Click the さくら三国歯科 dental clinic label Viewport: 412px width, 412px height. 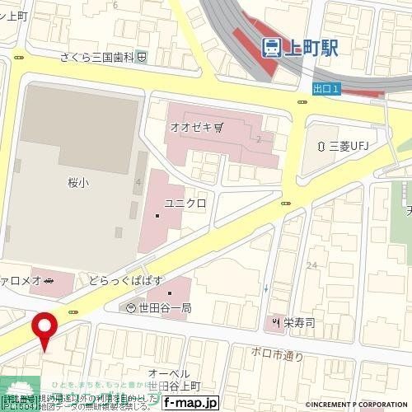(99, 57)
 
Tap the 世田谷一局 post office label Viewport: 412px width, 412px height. (164, 307)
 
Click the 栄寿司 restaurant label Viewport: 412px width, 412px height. (299, 321)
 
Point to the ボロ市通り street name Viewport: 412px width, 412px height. (277, 355)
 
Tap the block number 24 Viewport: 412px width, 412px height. (311, 265)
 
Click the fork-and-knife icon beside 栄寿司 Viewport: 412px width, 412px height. (276, 321)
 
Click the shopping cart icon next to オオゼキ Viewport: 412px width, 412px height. (218, 127)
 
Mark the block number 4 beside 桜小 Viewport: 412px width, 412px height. (138, 181)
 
